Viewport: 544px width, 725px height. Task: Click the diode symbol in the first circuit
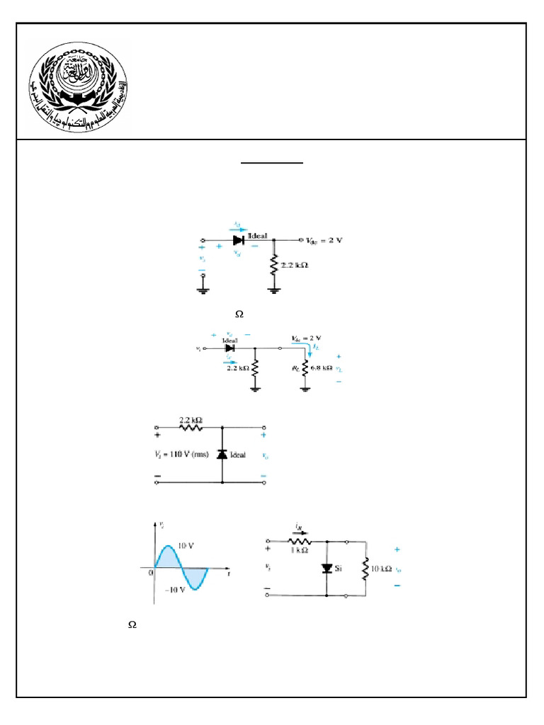click(239, 240)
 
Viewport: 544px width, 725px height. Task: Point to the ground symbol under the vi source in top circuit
click(203, 288)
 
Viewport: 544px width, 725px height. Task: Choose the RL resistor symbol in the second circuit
click(305, 368)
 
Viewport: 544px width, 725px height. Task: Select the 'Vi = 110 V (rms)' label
click(181, 455)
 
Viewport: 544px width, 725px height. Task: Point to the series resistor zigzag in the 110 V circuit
click(191, 427)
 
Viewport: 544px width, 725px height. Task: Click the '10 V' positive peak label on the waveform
click(186, 547)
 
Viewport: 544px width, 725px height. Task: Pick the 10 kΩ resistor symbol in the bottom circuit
click(365, 569)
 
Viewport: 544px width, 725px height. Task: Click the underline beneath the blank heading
click(272, 163)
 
